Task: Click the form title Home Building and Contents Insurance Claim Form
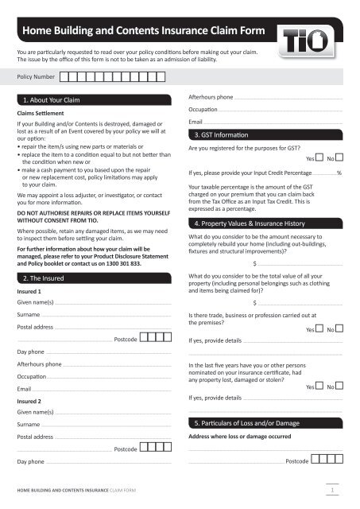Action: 147,30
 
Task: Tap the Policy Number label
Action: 36,77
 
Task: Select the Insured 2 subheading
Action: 30,402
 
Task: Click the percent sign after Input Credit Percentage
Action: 340,173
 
